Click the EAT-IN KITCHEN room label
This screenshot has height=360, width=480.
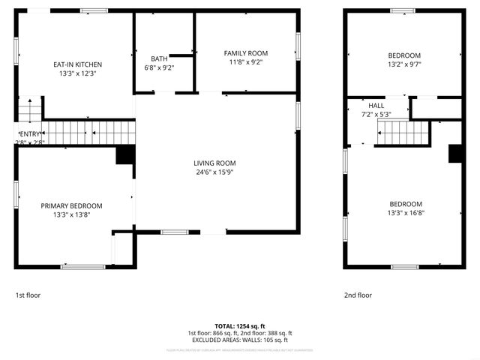[x=77, y=64]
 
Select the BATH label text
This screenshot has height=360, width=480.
[x=159, y=58]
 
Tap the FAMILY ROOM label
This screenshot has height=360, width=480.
[x=246, y=53]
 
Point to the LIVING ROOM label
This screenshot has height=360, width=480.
[x=215, y=163]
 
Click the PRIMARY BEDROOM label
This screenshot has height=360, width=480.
[x=71, y=205]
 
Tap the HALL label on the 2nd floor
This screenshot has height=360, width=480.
[x=376, y=106]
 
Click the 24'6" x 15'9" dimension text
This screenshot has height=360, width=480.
[x=215, y=172]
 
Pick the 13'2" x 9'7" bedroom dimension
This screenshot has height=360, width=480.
[x=404, y=64]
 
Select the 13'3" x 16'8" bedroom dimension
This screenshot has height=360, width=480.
[x=405, y=213]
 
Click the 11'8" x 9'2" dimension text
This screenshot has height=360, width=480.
[x=246, y=62]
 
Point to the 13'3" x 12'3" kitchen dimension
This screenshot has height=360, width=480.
[x=77, y=73]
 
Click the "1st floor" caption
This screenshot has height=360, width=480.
[x=28, y=295]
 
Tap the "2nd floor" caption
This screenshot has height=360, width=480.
[x=358, y=295]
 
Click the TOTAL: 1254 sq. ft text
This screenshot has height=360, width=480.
[x=240, y=325]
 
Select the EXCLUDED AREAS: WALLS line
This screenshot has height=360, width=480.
[x=240, y=340]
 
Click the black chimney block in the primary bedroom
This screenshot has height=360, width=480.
[x=125, y=155]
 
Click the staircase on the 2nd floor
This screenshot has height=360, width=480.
[x=403, y=134]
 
